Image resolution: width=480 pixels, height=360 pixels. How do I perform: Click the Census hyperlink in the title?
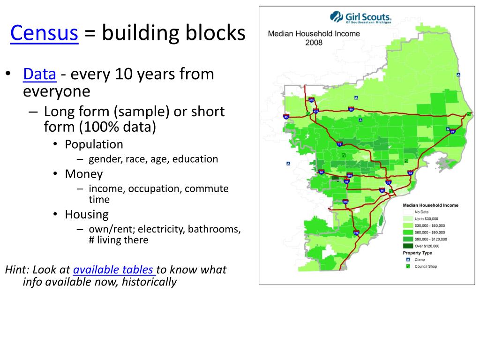[x=44, y=33]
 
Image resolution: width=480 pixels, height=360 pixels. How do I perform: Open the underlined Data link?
[x=40, y=74]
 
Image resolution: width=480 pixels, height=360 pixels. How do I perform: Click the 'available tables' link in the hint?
[x=113, y=270]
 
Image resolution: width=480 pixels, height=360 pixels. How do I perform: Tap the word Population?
[x=94, y=144]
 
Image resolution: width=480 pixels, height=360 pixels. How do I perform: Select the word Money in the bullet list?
[x=83, y=174]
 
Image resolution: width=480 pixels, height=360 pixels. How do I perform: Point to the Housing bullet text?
[x=87, y=215]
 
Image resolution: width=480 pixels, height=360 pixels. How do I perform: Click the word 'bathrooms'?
[x=214, y=230]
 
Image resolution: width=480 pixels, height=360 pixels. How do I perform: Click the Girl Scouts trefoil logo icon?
[x=337, y=17]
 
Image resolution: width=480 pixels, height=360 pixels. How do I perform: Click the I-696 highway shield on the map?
[x=349, y=175]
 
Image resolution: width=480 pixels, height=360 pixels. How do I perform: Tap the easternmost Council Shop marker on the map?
[x=468, y=114]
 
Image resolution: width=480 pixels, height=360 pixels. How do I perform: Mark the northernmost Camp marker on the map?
[x=458, y=75]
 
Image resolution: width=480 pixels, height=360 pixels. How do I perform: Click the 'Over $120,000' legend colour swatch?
[x=408, y=246]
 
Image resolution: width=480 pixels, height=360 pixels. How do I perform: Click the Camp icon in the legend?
[x=407, y=259]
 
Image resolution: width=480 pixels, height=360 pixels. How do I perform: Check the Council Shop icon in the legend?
[x=407, y=266]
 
